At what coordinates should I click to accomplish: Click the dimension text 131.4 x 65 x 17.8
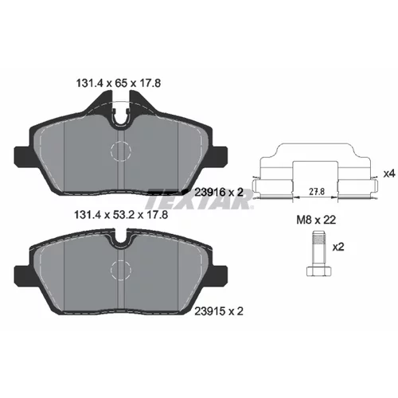(119, 84)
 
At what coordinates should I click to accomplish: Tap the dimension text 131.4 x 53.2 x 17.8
(122, 214)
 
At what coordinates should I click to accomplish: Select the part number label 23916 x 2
(219, 193)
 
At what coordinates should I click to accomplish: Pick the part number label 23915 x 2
(219, 311)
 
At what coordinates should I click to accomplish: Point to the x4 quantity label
(389, 174)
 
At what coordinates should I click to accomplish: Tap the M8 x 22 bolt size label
(316, 220)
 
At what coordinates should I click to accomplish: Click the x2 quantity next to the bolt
(338, 248)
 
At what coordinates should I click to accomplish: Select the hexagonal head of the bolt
(319, 271)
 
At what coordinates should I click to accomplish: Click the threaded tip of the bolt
(319, 238)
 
